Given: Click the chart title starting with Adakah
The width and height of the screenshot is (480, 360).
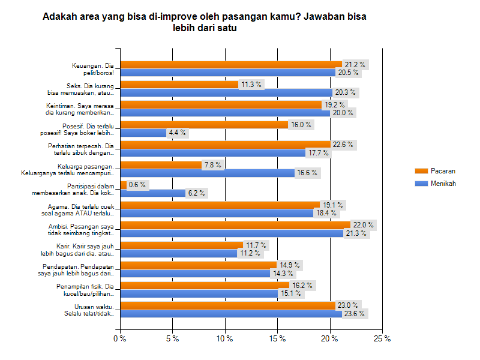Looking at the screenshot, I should click(x=204, y=22).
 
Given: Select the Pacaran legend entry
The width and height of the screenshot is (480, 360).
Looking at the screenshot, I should click(x=443, y=171).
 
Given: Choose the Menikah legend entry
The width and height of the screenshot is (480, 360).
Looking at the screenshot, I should click(x=443, y=184).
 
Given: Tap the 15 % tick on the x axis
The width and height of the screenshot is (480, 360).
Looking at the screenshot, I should click(x=278, y=338).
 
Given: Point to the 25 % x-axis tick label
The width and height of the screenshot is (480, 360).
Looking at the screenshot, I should click(x=382, y=338).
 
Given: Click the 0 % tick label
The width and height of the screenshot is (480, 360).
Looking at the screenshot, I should click(x=120, y=338).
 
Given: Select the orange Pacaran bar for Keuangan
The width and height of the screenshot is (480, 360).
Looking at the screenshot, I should click(x=231, y=64).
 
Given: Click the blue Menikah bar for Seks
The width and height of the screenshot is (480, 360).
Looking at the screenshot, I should click(x=226, y=92).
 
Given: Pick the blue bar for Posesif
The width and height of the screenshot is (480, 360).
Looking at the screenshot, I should click(x=143, y=133).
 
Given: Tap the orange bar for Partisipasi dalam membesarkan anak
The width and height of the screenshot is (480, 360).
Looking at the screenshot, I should click(x=124, y=185).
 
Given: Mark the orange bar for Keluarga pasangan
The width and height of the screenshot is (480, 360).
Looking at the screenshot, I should click(x=161, y=164).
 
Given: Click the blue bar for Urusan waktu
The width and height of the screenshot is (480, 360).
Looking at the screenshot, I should click(x=231, y=314).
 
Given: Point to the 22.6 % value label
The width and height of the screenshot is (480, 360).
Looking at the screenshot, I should click(x=344, y=145).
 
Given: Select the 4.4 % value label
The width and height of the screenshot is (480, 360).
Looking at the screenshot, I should click(x=178, y=133).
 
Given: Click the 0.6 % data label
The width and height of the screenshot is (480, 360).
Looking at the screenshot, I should click(x=138, y=185).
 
